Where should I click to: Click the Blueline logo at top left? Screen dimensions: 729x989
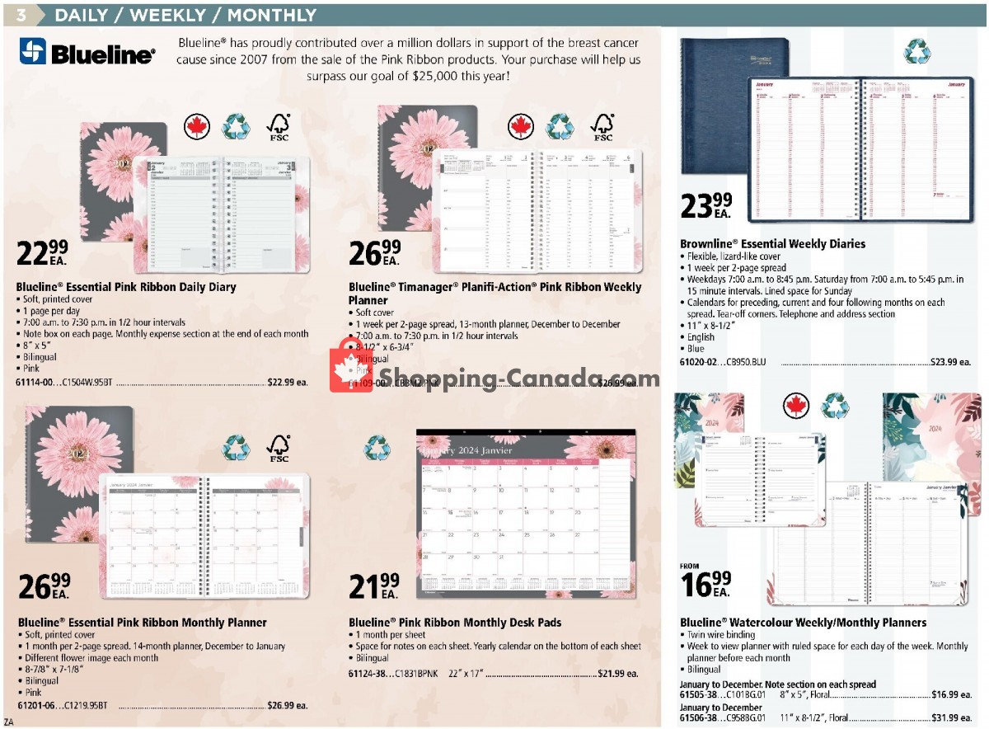(x=87, y=53)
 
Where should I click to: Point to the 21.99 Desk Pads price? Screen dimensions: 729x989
(x=373, y=586)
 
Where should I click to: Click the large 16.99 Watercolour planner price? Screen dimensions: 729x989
(x=705, y=584)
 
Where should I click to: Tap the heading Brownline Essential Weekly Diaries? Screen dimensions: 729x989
(x=772, y=244)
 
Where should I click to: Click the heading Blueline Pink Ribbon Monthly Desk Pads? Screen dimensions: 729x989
(x=455, y=623)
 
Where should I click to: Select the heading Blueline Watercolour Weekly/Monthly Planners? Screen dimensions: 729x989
(x=803, y=623)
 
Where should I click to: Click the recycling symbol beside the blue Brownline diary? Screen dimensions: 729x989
(x=916, y=51)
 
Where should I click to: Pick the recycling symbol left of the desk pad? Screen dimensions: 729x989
(x=377, y=447)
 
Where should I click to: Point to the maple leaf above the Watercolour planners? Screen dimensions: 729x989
(x=796, y=405)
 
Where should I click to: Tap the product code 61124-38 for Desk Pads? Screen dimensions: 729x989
(x=368, y=674)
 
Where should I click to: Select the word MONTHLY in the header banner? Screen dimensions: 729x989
(x=271, y=15)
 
